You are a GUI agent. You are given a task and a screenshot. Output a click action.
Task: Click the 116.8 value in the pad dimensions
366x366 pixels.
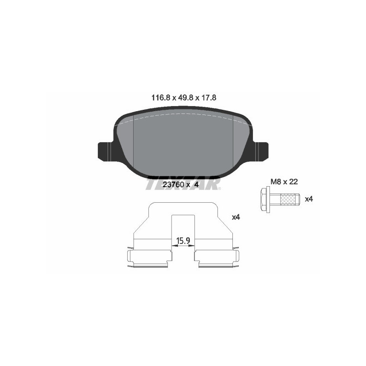[x=160, y=97]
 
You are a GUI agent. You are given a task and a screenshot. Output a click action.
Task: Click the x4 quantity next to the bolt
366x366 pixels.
[x=309, y=199]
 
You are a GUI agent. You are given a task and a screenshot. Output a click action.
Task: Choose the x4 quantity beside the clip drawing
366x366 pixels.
[x=236, y=217]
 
